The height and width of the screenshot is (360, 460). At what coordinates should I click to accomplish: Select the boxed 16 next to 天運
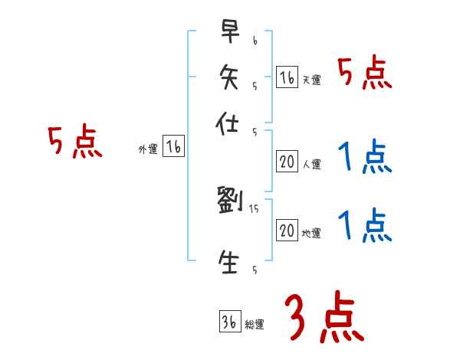point(287,77)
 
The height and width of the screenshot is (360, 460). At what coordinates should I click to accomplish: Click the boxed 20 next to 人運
point(287,162)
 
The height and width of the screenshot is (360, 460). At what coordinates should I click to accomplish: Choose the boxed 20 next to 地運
point(287,231)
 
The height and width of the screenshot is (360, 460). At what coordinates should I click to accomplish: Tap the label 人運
point(311,165)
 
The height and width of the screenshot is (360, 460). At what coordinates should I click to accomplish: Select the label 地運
point(311,234)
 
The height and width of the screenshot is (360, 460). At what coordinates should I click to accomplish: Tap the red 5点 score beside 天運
point(365,75)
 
